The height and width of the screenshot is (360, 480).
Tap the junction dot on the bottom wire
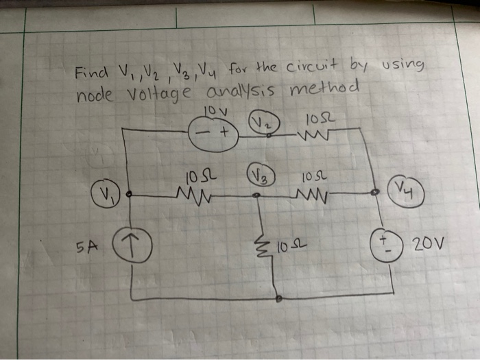tap(278, 300)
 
